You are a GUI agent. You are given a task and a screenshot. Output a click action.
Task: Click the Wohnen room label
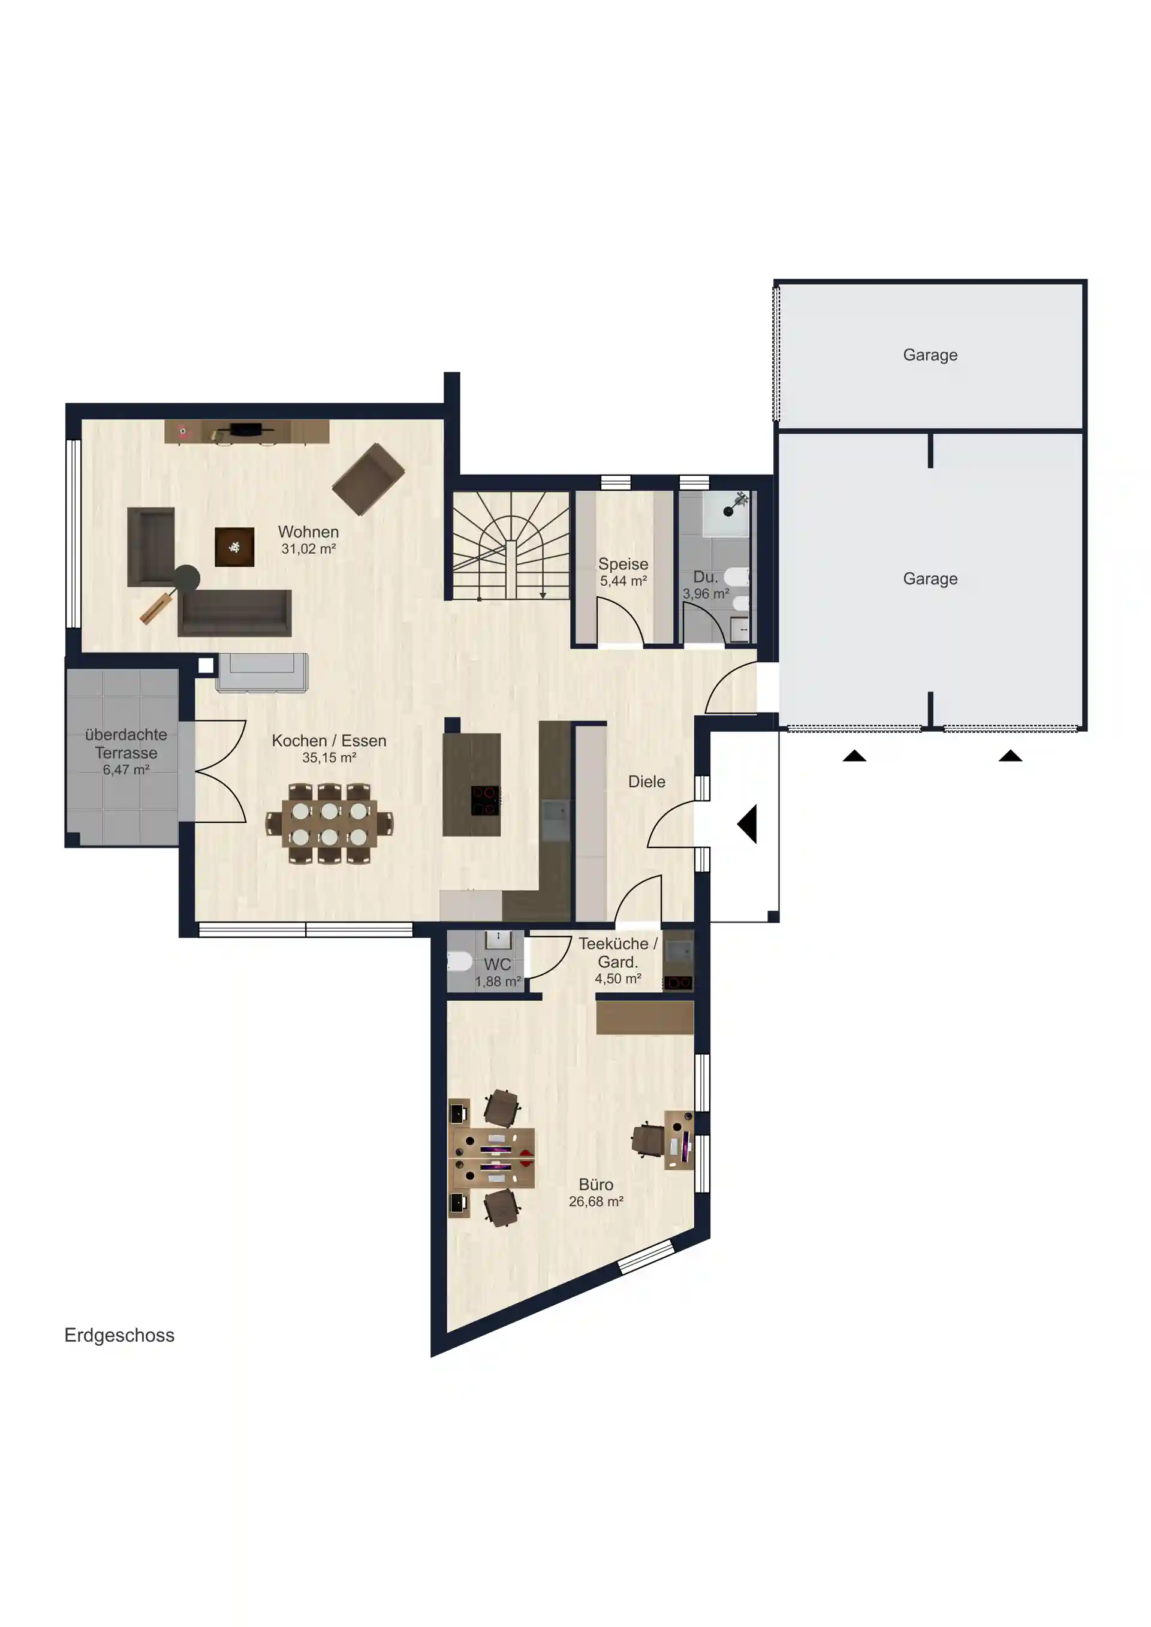coord(308,532)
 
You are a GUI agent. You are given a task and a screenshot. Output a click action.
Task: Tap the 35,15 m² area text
coord(329,757)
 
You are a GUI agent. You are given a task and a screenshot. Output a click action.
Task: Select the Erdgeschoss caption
coord(119,1335)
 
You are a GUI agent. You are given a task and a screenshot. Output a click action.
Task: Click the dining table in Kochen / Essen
coord(330,823)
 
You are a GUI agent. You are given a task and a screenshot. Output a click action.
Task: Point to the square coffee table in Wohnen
coord(234,547)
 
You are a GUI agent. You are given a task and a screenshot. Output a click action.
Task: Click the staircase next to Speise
coord(511,546)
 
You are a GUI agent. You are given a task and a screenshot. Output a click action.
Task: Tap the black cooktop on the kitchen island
coord(486,801)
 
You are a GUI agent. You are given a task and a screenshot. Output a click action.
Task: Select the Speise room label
coord(623,564)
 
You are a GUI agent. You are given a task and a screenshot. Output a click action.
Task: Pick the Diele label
coord(646,781)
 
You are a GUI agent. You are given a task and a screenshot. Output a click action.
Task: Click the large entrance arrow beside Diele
coord(747,823)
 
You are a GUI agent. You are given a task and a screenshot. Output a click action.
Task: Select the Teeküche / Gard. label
coord(618,953)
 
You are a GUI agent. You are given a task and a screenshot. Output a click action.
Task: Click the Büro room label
coord(596,1184)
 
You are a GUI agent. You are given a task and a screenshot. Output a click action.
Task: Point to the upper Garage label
coord(930,355)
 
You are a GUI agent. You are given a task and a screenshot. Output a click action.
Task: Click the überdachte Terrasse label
coord(126,743)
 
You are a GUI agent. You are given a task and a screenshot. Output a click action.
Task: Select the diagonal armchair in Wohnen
coord(369,479)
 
